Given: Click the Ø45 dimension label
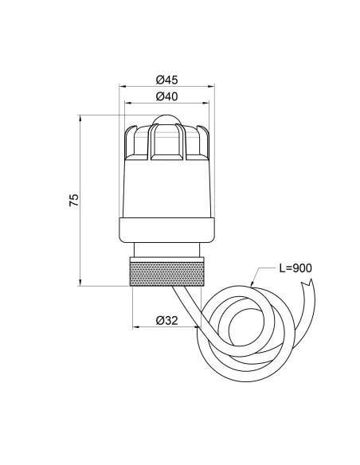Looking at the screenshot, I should (166, 80).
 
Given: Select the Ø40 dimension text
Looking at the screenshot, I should (166, 96).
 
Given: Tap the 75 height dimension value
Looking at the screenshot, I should (74, 200).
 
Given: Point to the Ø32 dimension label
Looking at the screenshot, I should (166, 320).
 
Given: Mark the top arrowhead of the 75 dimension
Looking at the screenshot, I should (82, 118).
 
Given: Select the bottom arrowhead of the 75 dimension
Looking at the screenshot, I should (82, 283).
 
